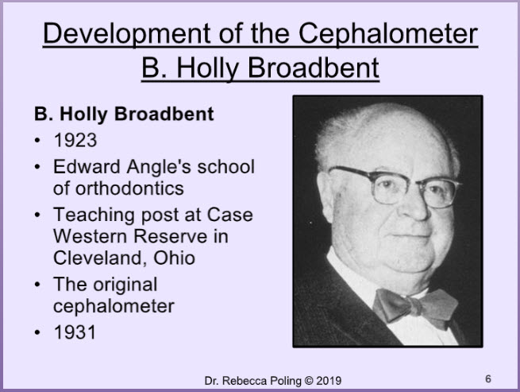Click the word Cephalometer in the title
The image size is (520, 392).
pos(388,34)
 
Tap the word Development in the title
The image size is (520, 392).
pos(126,34)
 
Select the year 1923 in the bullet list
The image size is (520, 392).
pos(75,140)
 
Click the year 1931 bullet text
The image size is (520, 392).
pos(75,332)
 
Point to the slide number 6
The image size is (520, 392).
pos(488,378)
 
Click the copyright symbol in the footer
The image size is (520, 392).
pos(308,381)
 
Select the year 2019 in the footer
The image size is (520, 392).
pos(329,381)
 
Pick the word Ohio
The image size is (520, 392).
pos(174,258)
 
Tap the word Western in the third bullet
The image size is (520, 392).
pos(91,236)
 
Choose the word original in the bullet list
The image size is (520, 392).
pos(125,285)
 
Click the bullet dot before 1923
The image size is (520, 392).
pos(37,140)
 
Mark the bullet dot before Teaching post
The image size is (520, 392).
pos(37,215)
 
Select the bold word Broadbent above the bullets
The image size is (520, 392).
pos(164,114)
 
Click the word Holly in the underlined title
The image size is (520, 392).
pos(207,68)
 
